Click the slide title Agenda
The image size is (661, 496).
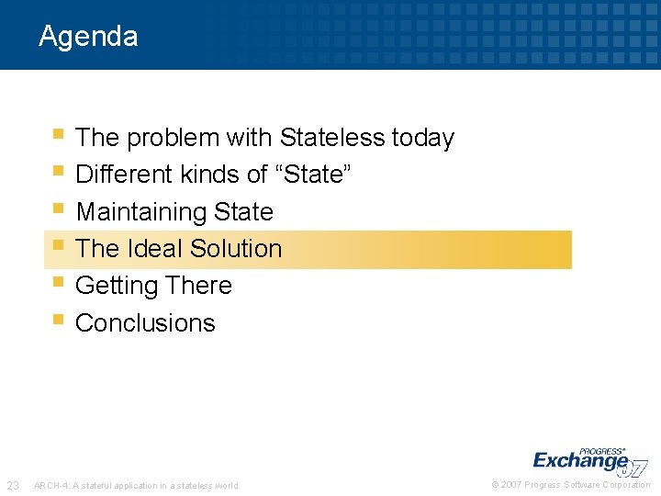pos(88,37)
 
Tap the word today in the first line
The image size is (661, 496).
pos(422,138)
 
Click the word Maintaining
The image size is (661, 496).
pos(141,212)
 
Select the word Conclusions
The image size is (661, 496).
pos(145,323)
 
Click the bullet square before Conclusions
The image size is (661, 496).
pos(58,320)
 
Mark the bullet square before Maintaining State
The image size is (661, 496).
pos(58,209)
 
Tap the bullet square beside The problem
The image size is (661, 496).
pos(58,134)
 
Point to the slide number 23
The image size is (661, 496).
pos(14,485)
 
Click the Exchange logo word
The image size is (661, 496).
pos(580,460)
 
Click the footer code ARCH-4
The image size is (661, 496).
pos(49,486)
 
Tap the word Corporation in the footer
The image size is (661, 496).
pos(627,485)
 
